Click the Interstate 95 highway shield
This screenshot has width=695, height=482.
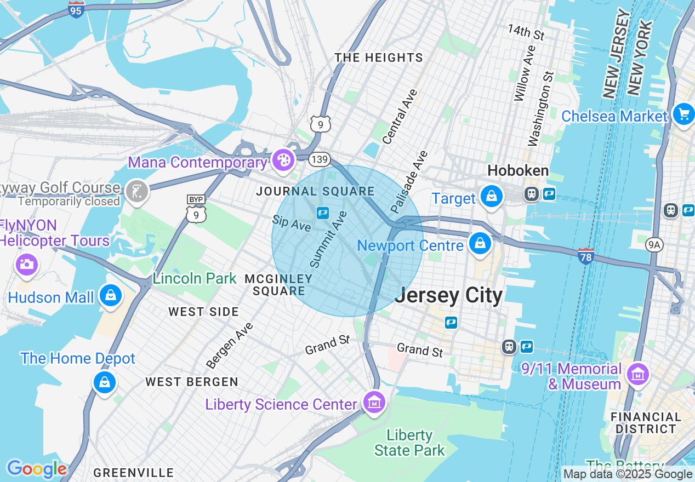(x=76, y=9)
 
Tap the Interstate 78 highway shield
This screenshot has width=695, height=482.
(x=585, y=256)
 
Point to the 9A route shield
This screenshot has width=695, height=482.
(x=654, y=244)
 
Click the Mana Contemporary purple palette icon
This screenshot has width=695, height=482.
(x=283, y=160)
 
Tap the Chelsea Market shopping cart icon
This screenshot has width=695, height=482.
(x=683, y=114)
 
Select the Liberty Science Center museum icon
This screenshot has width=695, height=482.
(x=374, y=403)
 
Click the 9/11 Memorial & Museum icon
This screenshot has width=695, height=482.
(x=637, y=375)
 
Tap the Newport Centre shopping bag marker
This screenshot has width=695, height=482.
(x=480, y=244)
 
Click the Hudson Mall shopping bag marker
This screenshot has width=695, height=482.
(x=111, y=296)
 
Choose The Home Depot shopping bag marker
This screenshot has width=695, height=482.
(x=104, y=381)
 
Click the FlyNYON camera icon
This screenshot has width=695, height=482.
(x=26, y=265)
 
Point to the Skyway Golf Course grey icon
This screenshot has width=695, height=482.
(x=136, y=192)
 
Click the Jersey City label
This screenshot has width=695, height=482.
(x=448, y=296)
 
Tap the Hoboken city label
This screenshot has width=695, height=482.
(x=518, y=171)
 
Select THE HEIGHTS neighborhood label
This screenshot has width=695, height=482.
(x=379, y=58)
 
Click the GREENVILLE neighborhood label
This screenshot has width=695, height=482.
(x=133, y=473)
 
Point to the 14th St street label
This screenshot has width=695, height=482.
(x=525, y=32)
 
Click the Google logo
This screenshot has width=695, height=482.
(x=36, y=469)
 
